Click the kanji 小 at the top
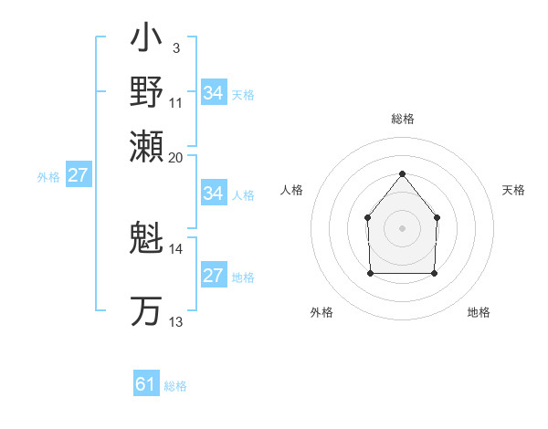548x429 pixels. click(147, 41)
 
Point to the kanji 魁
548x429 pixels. click(147, 239)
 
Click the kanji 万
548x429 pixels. click(147, 310)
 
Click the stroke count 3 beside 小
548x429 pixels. click(175, 47)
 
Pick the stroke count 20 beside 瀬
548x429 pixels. click(176, 157)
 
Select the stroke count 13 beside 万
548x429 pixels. click(175, 322)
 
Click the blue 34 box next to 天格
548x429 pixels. click(214, 93)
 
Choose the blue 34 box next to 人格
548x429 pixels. click(214, 194)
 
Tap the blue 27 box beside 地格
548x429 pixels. click(214, 276)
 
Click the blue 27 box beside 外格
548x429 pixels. click(78, 175)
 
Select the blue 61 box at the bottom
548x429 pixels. click(146, 384)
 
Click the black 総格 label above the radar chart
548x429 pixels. click(402, 120)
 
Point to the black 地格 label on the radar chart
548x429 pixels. click(479, 312)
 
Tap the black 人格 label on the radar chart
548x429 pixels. click(292, 190)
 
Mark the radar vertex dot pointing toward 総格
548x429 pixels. click(402, 173)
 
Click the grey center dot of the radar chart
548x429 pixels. click(402, 228)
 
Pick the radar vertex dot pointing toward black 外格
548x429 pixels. click(370, 272)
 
